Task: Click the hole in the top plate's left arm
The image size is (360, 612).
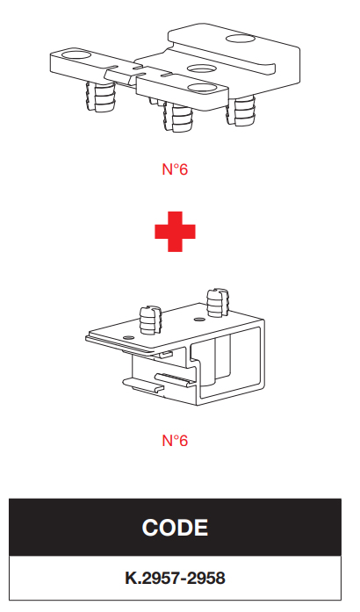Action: (x=74, y=54)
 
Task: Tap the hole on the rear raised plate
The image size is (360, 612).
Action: (x=240, y=39)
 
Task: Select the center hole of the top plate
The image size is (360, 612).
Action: (x=201, y=69)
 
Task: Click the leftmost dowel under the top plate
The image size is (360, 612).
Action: (x=100, y=97)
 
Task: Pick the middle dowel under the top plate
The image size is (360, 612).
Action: (x=178, y=117)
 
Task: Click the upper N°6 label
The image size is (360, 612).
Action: (x=175, y=169)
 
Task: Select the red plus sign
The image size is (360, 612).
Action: (x=175, y=232)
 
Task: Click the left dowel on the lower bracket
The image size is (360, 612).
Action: (x=150, y=320)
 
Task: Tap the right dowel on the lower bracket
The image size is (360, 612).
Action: (x=217, y=303)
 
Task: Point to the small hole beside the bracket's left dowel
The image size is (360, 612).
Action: (x=126, y=336)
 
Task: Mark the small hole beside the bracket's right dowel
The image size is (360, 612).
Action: (x=200, y=320)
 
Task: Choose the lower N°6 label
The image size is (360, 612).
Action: (x=175, y=441)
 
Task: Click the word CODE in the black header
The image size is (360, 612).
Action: (x=175, y=528)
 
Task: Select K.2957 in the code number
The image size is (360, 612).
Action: (x=153, y=578)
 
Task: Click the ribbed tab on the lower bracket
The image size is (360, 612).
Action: (x=174, y=379)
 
